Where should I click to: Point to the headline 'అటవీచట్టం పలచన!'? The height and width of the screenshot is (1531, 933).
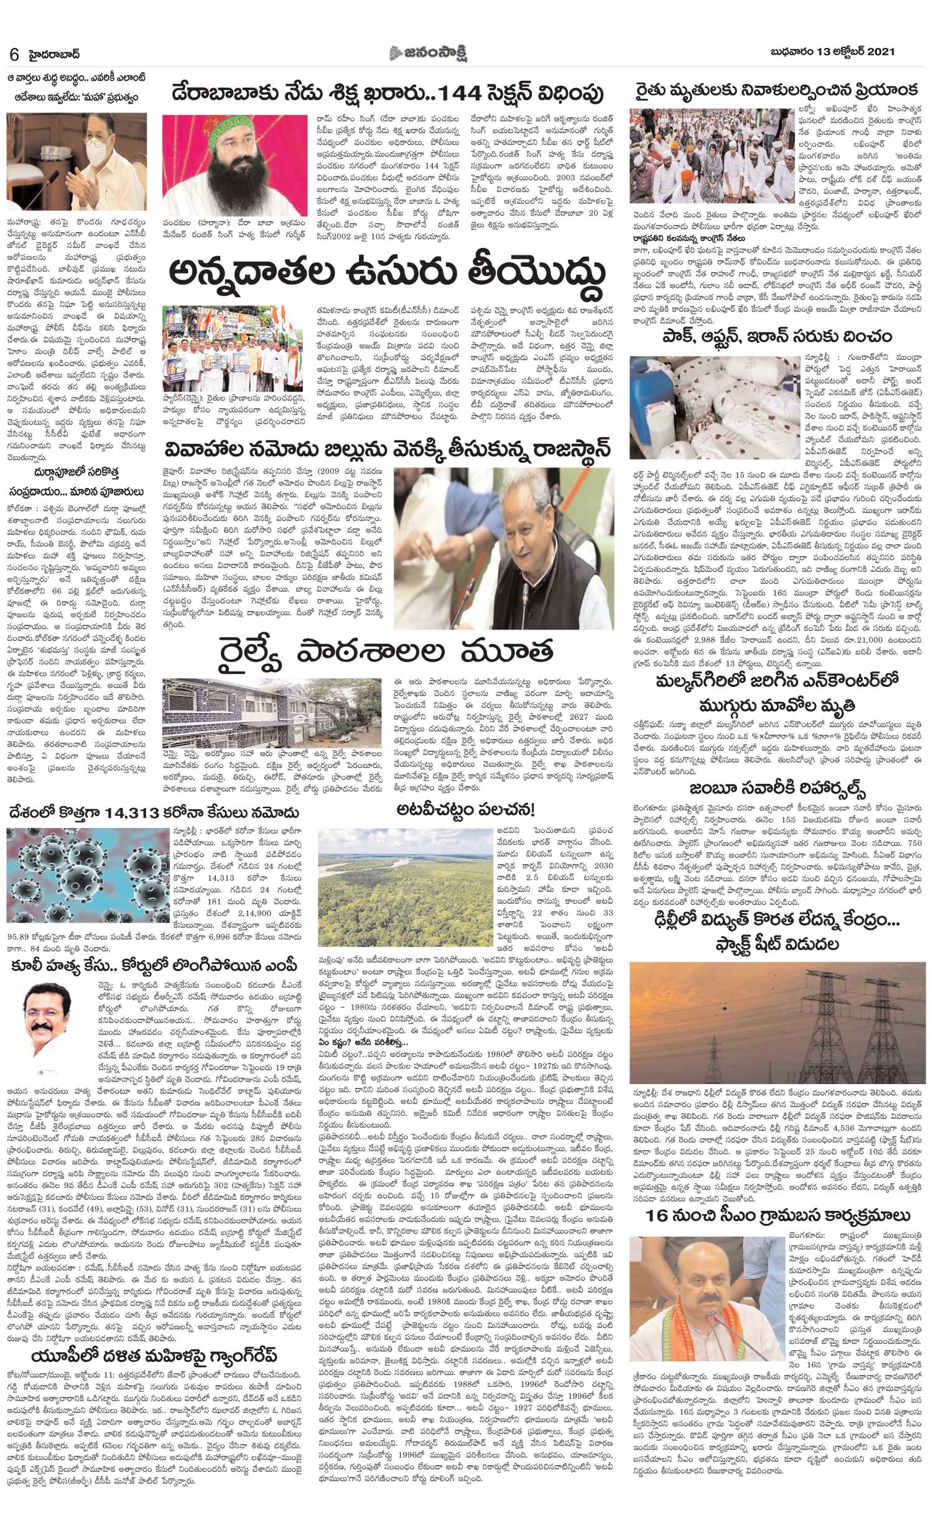(x=466, y=809)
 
